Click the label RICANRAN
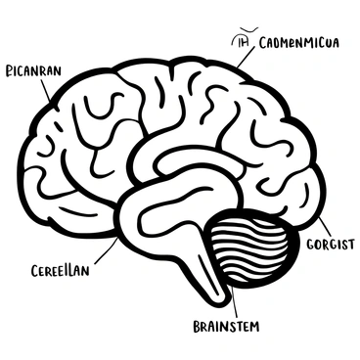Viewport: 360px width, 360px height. (34, 70)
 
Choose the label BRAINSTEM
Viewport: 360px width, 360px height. (226, 326)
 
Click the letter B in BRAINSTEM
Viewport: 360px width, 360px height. (197, 326)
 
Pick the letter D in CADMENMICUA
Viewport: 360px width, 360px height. (281, 42)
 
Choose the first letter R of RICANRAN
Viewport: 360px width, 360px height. (9, 70)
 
